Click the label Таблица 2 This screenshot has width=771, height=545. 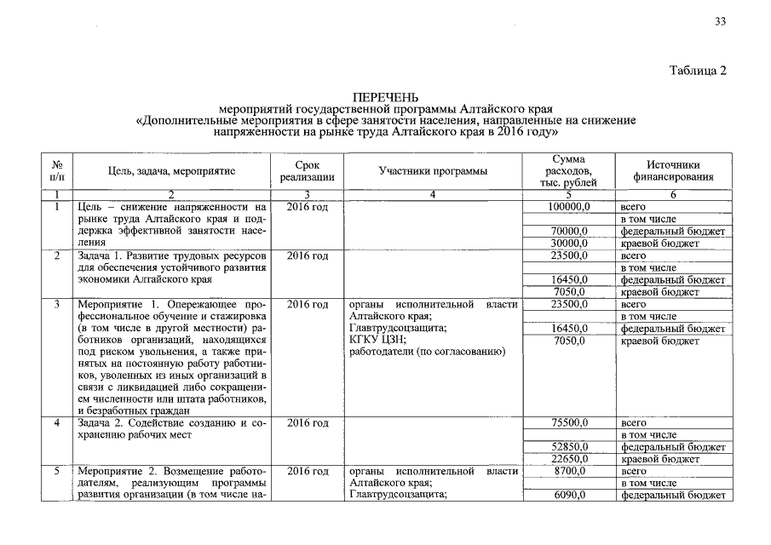coord(698,71)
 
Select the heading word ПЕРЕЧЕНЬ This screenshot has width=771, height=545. coord(386,98)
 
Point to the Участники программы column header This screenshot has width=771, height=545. coord(433,171)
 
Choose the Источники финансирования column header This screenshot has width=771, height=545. coord(672,170)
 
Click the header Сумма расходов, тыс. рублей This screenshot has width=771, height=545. coord(568,171)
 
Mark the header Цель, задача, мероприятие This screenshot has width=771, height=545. coord(171,171)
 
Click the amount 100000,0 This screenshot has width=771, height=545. coord(568,207)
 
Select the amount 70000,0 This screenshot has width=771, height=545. coord(570,231)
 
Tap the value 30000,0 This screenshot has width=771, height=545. coord(570,244)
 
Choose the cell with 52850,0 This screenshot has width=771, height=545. coord(570,446)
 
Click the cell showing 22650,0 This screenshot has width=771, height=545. coord(570,459)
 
